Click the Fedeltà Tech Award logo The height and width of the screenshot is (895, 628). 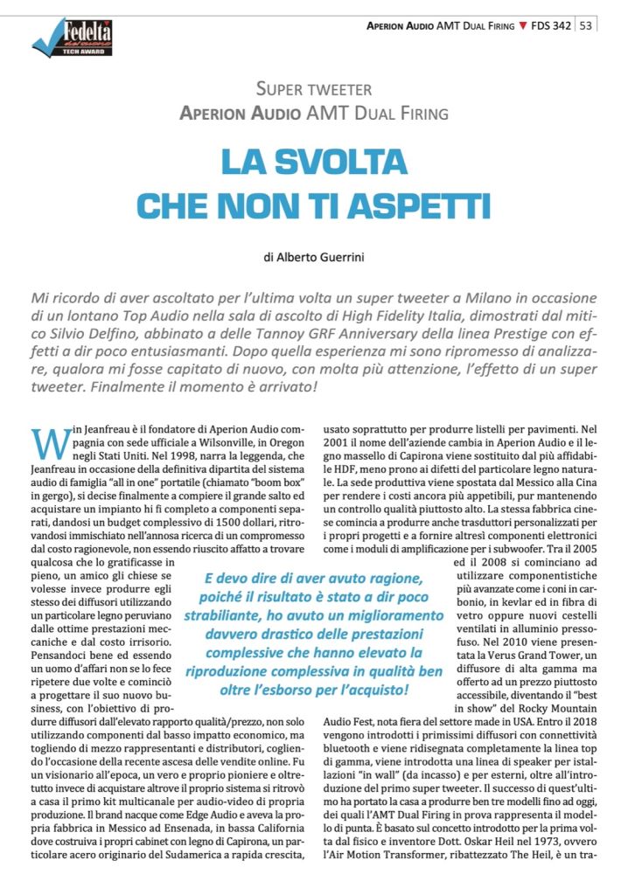click(72, 38)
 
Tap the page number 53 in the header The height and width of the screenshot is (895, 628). click(586, 25)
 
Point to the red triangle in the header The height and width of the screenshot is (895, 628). click(523, 25)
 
